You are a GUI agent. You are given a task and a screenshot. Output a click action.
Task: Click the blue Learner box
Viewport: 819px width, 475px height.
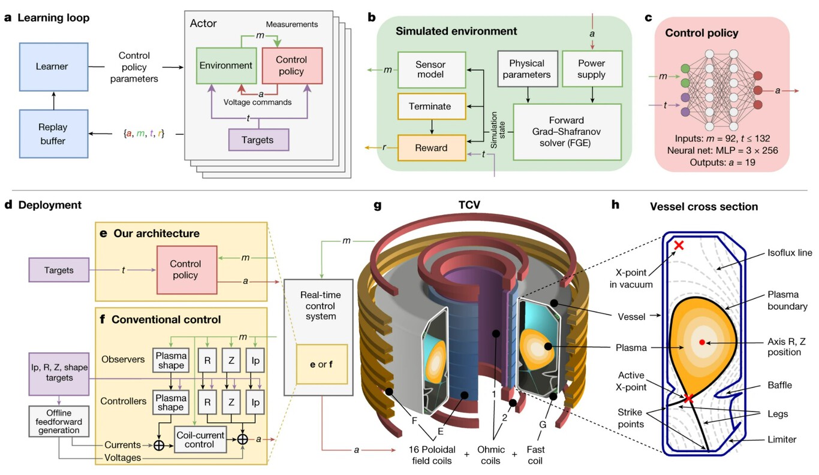click(54, 66)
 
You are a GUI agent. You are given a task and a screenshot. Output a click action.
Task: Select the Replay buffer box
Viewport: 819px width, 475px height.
click(54, 134)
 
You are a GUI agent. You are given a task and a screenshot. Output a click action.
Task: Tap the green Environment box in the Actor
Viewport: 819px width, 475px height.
click(226, 66)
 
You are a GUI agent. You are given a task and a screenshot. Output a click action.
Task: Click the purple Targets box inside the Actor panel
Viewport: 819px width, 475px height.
click(258, 140)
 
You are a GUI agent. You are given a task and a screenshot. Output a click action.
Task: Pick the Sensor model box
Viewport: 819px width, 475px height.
click(432, 69)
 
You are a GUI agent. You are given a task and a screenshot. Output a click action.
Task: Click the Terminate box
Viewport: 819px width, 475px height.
click(432, 107)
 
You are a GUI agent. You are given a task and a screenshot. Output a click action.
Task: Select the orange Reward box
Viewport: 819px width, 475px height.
click(432, 147)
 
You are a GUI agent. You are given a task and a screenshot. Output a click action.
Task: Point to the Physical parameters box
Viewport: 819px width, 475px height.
click(528, 69)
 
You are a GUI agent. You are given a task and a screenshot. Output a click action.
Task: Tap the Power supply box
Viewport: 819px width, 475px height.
click(592, 69)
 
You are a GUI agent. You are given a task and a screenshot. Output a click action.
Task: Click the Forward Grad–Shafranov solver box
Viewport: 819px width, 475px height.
click(567, 132)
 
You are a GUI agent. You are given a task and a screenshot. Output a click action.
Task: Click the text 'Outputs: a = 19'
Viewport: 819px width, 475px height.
click(722, 162)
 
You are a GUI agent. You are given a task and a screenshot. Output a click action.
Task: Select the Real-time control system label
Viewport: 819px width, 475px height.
click(321, 306)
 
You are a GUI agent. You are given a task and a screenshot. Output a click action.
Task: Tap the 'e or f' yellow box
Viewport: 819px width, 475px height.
click(322, 364)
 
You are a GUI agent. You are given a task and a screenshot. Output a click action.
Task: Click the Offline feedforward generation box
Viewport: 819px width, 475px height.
click(59, 421)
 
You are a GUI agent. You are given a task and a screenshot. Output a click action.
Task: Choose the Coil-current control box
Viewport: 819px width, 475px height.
click(200, 440)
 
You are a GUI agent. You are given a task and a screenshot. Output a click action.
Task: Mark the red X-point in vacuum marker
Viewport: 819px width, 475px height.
click(679, 245)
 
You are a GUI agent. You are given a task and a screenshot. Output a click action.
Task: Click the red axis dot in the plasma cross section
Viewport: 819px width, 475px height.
click(702, 343)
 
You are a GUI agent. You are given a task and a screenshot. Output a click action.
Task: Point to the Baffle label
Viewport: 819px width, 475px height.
click(779, 385)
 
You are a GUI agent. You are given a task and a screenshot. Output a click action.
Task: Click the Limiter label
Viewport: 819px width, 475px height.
click(782, 440)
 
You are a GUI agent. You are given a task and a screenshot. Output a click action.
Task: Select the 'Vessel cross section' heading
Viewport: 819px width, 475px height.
click(704, 207)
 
